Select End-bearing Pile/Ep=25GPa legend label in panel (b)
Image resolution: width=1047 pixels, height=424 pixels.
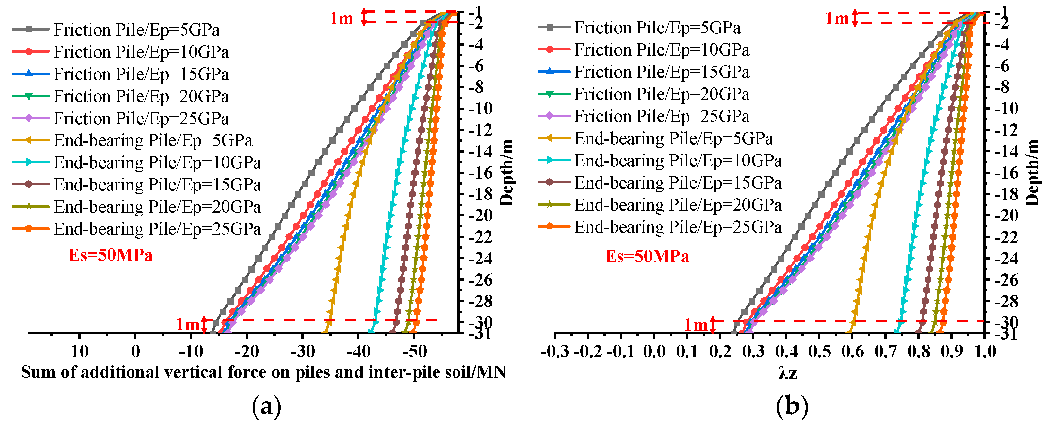(678, 227)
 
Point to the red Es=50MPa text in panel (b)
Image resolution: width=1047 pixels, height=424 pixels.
(647, 257)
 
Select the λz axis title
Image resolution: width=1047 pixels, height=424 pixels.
(788, 372)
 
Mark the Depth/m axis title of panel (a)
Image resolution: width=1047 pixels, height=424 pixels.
(507, 172)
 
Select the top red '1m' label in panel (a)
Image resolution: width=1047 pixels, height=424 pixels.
(341, 18)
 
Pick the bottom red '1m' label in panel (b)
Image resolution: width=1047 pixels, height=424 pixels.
(696, 325)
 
